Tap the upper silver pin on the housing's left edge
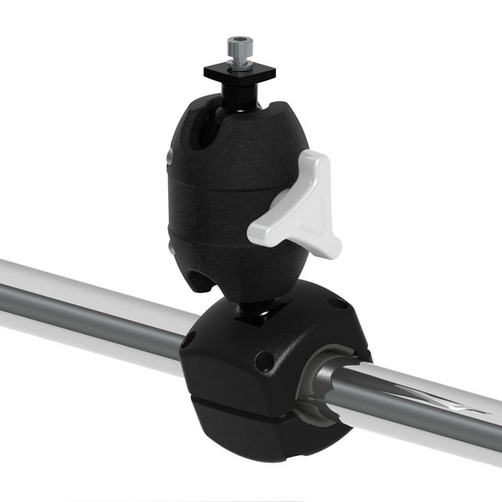tap(170, 156)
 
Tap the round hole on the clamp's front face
tap(264, 361)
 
